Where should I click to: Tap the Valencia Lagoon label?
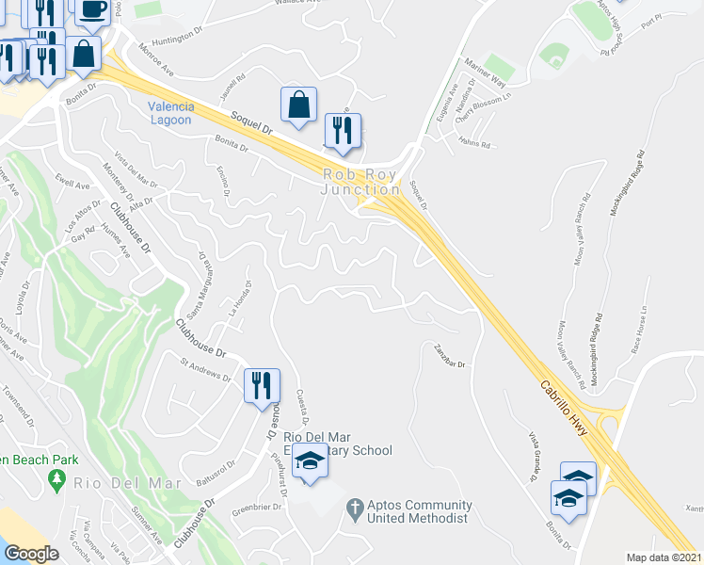click(x=170, y=113)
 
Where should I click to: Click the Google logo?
click(x=31, y=554)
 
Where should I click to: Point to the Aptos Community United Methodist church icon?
click(x=354, y=508)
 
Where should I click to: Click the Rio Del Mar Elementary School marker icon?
click(x=308, y=461)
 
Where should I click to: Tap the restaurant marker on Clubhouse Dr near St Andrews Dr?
click(x=261, y=384)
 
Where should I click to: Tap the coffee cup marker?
click(x=91, y=9)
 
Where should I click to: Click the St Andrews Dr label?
click(x=205, y=368)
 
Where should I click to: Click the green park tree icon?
click(x=56, y=481)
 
